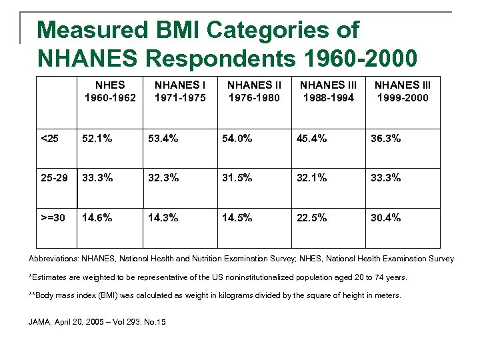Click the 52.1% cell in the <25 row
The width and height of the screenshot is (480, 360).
pyautogui.click(x=97, y=139)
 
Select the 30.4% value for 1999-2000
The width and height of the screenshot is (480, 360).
pyautogui.click(x=386, y=217)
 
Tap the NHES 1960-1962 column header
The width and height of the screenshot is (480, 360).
pyautogui.click(x=110, y=91)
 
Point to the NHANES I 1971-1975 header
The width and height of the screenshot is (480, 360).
pyautogui.click(x=180, y=91)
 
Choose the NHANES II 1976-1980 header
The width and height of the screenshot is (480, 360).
pyautogui.click(x=255, y=91)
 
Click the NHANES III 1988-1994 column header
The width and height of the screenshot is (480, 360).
pyautogui.click(x=328, y=91)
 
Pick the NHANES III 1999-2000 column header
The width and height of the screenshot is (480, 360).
pyautogui.click(x=402, y=91)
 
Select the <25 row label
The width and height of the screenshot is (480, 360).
pyautogui.click(x=50, y=139)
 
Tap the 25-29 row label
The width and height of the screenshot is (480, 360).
pyautogui.click(x=53, y=178)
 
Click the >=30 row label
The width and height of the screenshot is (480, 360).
pyautogui.click(x=53, y=217)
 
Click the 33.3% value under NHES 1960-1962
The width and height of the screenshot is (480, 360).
pyautogui.click(x=97, y=178)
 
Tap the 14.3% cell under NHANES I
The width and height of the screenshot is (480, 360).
pyautogui.click(x=164, y=217)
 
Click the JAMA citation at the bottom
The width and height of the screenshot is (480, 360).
pyautogui.click(x=97, y=323)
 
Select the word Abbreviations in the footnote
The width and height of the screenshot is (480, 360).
pyautogui.click(x=53, y=259)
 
